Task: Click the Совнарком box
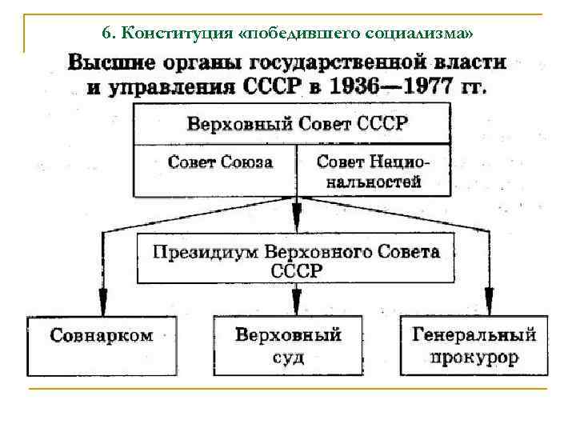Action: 102,345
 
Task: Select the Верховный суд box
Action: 287,345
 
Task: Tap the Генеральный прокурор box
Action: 474,345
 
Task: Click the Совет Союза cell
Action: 220,162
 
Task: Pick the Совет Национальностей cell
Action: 372,171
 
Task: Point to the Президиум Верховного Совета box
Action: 296,259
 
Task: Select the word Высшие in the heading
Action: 107,62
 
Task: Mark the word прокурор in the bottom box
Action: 474,358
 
